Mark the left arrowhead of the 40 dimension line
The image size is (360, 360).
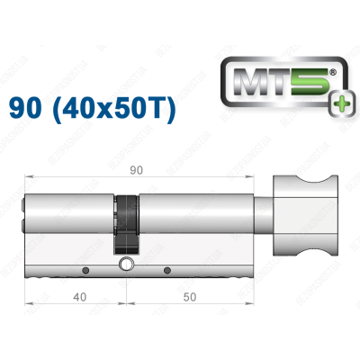27,305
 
